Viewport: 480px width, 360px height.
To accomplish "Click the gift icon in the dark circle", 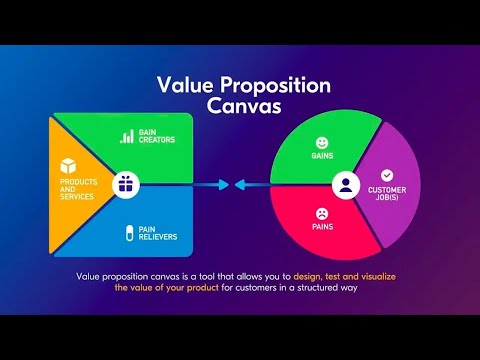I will pyautogui.click(x=125, y=183).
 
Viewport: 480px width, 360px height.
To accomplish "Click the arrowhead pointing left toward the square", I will pyautogui.click(x=238, y=184).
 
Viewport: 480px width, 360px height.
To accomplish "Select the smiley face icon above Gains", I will pyautogui.click(x=322, y=143).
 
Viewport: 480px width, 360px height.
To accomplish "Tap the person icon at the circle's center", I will pyautogui.click(x=345, y=185).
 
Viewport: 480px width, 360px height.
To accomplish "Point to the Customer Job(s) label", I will pyautogui.click(x=386, y=193).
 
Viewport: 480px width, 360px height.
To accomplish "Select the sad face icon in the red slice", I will pyautogui.click(x=322, y=213).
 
